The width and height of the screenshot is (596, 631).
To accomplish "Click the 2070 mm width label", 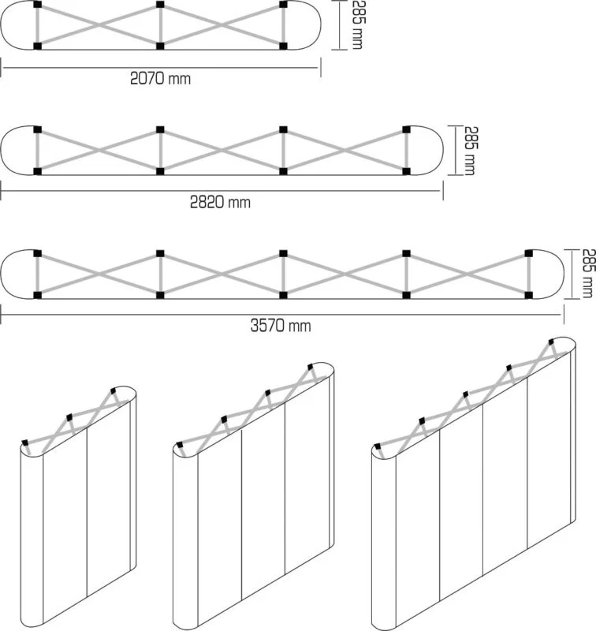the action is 160,78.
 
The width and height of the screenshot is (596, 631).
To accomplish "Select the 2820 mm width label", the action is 220,202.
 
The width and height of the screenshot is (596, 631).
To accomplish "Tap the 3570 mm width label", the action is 281,326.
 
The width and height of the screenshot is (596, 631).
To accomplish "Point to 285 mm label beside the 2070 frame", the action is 357,25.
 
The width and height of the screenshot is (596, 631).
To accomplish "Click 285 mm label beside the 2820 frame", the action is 469,151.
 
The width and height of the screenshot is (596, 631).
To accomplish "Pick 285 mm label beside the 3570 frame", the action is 587,274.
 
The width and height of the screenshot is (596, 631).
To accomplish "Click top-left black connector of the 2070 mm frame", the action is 37,5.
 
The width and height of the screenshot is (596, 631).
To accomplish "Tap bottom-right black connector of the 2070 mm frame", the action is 284,46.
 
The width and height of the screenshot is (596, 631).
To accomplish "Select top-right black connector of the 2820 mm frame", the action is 406,129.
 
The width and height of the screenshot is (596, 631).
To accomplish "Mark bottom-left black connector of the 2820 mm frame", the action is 37,171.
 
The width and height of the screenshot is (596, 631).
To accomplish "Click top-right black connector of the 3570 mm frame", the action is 529,253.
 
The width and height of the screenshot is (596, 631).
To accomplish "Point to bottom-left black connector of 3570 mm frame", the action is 37,295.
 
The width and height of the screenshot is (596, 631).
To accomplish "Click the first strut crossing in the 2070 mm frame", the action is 99,25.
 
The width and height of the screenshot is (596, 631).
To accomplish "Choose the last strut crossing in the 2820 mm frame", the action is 345,151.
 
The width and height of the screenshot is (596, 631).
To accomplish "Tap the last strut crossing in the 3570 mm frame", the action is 467,274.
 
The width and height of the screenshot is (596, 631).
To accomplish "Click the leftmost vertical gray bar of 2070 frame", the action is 37,25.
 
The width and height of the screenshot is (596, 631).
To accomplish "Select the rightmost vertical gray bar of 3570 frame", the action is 529,274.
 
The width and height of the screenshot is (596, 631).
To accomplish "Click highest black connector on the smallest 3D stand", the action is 113,390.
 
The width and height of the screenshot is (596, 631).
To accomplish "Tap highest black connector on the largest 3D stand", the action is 551,342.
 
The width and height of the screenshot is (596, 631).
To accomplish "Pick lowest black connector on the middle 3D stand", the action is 179,445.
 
